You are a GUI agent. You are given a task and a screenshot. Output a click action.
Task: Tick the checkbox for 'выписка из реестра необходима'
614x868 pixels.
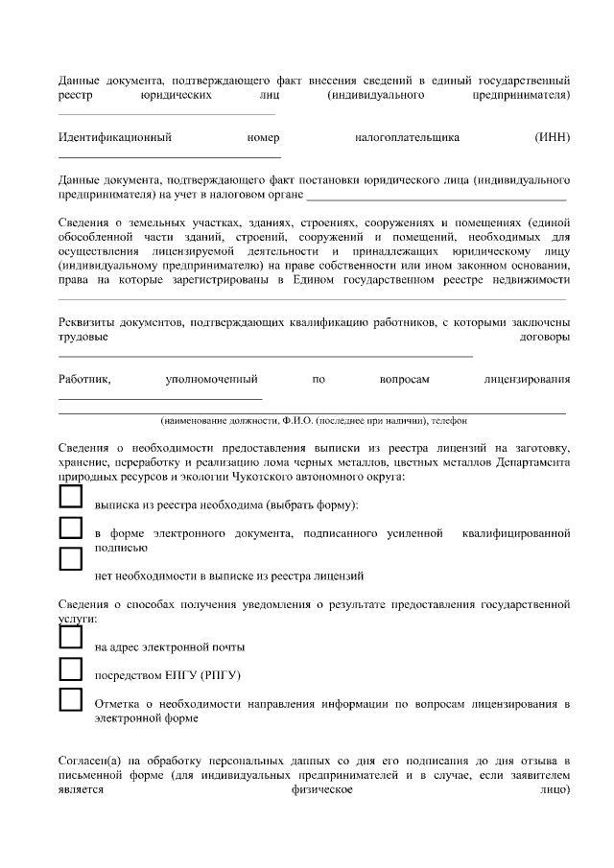(71, 496)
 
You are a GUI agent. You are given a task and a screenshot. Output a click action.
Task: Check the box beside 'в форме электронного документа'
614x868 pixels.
(71, 528)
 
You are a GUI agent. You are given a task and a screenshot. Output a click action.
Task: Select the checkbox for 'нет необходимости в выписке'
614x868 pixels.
(71, 559)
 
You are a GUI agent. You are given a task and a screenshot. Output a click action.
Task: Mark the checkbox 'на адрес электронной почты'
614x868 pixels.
(71, 637)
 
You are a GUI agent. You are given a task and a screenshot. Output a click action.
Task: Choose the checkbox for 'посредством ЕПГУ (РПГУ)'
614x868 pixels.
(71, 668)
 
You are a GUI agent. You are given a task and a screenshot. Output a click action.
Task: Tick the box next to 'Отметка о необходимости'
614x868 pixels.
(71, 698)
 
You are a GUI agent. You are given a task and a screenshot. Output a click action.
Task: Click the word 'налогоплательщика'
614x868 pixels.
(407, 137)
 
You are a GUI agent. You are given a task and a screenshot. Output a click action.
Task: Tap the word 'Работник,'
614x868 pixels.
(84, 380)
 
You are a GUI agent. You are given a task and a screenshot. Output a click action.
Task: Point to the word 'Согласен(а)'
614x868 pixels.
(89, 761)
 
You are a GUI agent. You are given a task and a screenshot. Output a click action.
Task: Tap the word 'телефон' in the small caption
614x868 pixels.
(449, 421)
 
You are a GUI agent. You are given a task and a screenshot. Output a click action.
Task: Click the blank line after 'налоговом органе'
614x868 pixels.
(437, 197)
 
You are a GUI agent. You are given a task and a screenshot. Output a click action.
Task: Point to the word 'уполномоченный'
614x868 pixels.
(212, 380)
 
